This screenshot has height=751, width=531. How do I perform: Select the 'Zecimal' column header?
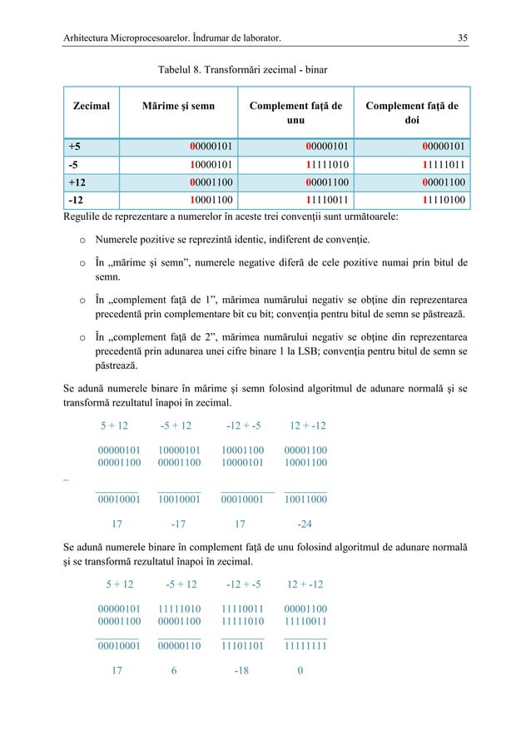pyautogui.click(x=91, y=107)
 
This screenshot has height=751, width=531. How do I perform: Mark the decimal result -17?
pyautogui.click(x=177, y=525)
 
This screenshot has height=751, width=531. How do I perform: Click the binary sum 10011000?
pyautogui.click(x=305, y=500)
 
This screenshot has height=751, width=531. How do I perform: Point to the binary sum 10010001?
pyautogui.click(x=179, y=500)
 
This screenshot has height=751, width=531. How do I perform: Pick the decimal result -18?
pyautogui.click(x=242, y=669)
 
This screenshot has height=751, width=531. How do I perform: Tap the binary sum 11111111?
pyautogui.click(x=305, y=644)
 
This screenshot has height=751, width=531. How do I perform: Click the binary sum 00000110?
pyautogui.click(x=179, y=644)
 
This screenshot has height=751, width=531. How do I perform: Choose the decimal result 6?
pyautogui.click(x=174, y=669)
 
